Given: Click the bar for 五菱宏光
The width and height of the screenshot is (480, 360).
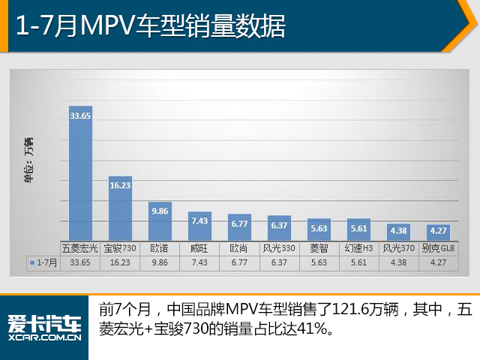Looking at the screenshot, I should tap(80, 180).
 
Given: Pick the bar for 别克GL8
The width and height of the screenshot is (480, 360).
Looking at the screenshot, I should tap(439, 235).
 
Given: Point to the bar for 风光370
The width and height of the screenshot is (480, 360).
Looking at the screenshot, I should tap(399, 235).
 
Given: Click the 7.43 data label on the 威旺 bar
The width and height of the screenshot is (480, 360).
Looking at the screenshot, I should tap(199, 220).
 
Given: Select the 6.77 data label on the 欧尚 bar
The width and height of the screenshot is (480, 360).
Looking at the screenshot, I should tap(239, 223).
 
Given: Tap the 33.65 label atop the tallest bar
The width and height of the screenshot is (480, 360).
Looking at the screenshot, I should tap(80, 115).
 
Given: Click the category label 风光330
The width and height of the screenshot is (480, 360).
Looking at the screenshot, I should tap(279, 248).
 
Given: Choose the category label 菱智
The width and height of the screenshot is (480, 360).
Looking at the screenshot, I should tap(319, 248).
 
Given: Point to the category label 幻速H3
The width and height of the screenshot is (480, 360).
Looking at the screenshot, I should tap(359, 248).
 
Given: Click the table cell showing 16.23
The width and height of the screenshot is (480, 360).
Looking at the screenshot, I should tap(120, 262).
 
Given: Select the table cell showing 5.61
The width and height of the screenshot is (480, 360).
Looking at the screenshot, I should tap(359, 262).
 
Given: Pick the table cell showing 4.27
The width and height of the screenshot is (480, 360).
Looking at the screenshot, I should tap(439, 262).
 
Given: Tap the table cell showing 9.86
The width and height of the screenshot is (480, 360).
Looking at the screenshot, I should tap(160, 262).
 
